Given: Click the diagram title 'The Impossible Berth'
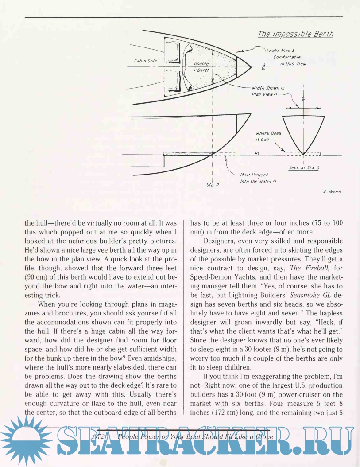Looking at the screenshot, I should click(296, 35).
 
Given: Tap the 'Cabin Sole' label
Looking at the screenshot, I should click(143, 61).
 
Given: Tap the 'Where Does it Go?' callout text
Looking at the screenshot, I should click(268, 136).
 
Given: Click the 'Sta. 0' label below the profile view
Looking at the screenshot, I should click(213, 184).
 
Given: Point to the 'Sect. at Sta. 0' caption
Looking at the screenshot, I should click(304, 168).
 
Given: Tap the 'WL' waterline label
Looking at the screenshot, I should click(257, 154).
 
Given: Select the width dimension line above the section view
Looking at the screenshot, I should click(303, 107).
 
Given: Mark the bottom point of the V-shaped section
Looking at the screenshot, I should click(303, 153).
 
